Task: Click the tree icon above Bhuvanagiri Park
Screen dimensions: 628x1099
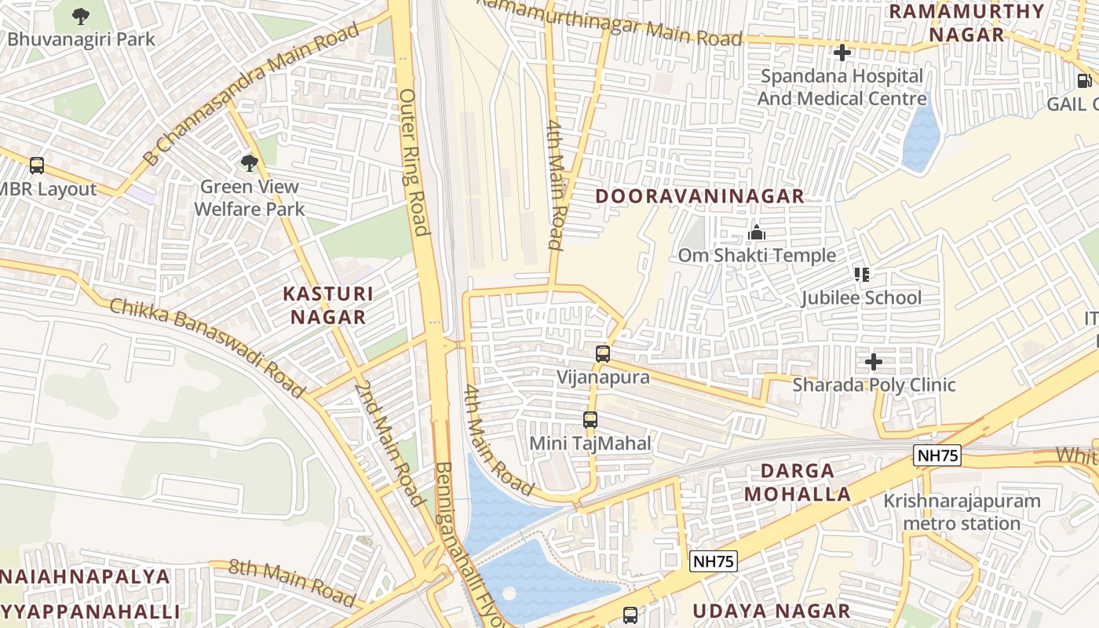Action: [x=80, y=16]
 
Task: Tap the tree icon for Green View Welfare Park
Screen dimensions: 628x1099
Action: [x=249, y=163]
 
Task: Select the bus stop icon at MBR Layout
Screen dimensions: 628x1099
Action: [x=37, y=166]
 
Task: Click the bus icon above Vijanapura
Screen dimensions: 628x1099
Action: [x=602, y=354]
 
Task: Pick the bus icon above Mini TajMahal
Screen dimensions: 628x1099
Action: [x=590, y=420]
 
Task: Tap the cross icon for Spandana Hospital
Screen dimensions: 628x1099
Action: [x=842, y=53]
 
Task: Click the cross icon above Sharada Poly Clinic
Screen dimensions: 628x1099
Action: [x=873, y=362]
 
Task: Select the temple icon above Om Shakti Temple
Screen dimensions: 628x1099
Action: [x=757, y=232]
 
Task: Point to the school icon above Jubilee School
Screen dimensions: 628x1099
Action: [x=861, y=274]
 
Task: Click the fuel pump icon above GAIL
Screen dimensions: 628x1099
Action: [x=1084, y=80]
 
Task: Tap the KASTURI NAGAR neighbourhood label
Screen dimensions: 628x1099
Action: [x=328, y=305]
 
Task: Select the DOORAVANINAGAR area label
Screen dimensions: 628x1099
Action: [x=699, y=196]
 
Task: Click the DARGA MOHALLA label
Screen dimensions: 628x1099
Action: [x=798, y=482]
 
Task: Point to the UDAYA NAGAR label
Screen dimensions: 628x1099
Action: [x=771, y=611]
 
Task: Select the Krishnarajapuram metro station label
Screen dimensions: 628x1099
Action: [x=962, y=512]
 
